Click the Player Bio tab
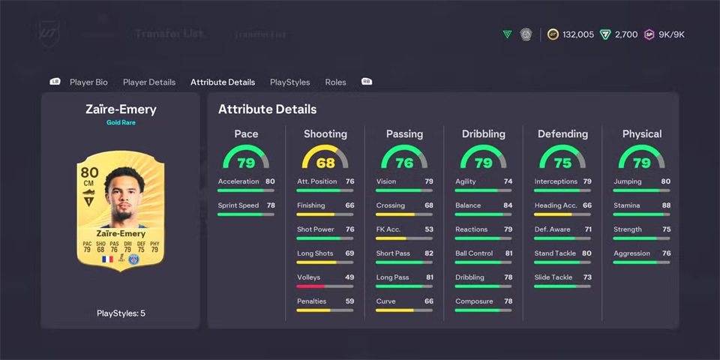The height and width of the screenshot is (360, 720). (x=88, y=82)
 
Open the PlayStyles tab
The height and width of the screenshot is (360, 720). (x=289, y=82)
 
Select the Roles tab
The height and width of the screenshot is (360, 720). (x=335, y=82)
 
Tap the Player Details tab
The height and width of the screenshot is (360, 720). (x=149, y=82)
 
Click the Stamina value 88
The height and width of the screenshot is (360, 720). (x=666, y=205)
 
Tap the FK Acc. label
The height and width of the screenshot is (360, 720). (x=389, y=229)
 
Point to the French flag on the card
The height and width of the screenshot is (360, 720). (x=107, y=259)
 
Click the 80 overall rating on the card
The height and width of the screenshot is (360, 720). (x=89, y=172)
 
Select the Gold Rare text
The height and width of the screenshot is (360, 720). (x=121, y=122)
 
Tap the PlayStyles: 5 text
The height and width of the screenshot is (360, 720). (x=121, y=313)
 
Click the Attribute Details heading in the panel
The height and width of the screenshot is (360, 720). (x=267, y=109)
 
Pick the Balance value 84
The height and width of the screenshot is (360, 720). (x=508, y=205)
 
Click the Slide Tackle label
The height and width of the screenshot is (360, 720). (x=553, y=277)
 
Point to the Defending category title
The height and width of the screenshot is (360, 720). (x=562, y=134)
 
